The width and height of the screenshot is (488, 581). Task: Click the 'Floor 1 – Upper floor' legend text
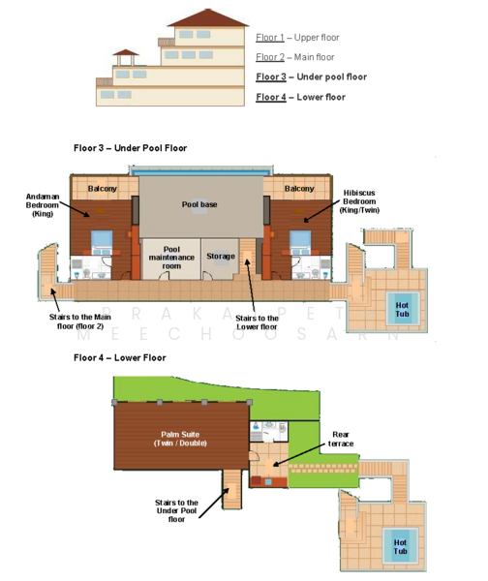pos(297,38)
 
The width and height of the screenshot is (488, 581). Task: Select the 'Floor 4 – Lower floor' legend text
pos(300,97)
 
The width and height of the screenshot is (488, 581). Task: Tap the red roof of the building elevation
pos(208,17)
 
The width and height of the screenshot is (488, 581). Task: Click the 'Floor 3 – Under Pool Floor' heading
pos(130,148)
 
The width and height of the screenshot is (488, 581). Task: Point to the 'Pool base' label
pos(199,204)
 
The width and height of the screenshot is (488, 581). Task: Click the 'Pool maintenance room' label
pos(171,258)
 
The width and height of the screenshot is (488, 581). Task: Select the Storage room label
pos(221,256)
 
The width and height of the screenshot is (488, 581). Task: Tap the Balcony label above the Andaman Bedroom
pos(103,188)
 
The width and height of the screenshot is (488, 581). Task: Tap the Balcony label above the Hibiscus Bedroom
pos(299,188)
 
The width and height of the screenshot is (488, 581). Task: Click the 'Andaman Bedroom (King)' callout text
pos(43,205)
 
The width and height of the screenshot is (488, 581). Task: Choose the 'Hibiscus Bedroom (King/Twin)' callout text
pos(359,201)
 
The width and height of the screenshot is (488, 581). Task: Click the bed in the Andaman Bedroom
pos(102,242)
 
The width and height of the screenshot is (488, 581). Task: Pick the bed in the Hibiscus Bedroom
pos(300,242)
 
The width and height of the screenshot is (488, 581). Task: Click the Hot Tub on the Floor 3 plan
pos(403,309)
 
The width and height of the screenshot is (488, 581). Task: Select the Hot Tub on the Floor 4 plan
pos(400,546)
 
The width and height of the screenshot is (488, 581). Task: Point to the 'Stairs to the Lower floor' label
pos(258,322)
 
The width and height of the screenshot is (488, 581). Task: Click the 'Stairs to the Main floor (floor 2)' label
pos(80,321)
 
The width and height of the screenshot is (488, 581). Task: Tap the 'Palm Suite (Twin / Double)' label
pos(180,439)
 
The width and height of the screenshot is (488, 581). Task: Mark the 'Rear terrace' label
pos(341,439)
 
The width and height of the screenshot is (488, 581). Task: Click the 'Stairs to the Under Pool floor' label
pos(177,510)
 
